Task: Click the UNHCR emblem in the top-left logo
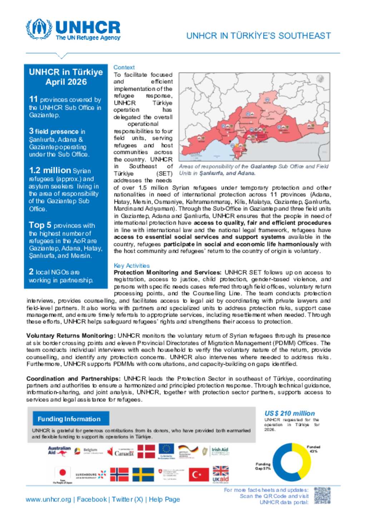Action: point(39,29)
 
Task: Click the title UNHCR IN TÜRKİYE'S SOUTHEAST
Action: point(258,36)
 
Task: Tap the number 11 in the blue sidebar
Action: point(33,99)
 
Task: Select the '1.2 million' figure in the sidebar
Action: point(50,171)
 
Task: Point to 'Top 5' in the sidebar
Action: point(40,225)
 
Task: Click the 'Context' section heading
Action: point(124,67)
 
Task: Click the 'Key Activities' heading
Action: point(132,266)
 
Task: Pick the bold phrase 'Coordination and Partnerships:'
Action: point(73,379)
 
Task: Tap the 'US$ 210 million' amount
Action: point(290,414)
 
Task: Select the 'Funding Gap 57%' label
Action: point(263,466)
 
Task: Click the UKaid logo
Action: point(221,475)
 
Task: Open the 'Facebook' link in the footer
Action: point(92,500)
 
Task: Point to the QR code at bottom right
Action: point(322,496)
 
